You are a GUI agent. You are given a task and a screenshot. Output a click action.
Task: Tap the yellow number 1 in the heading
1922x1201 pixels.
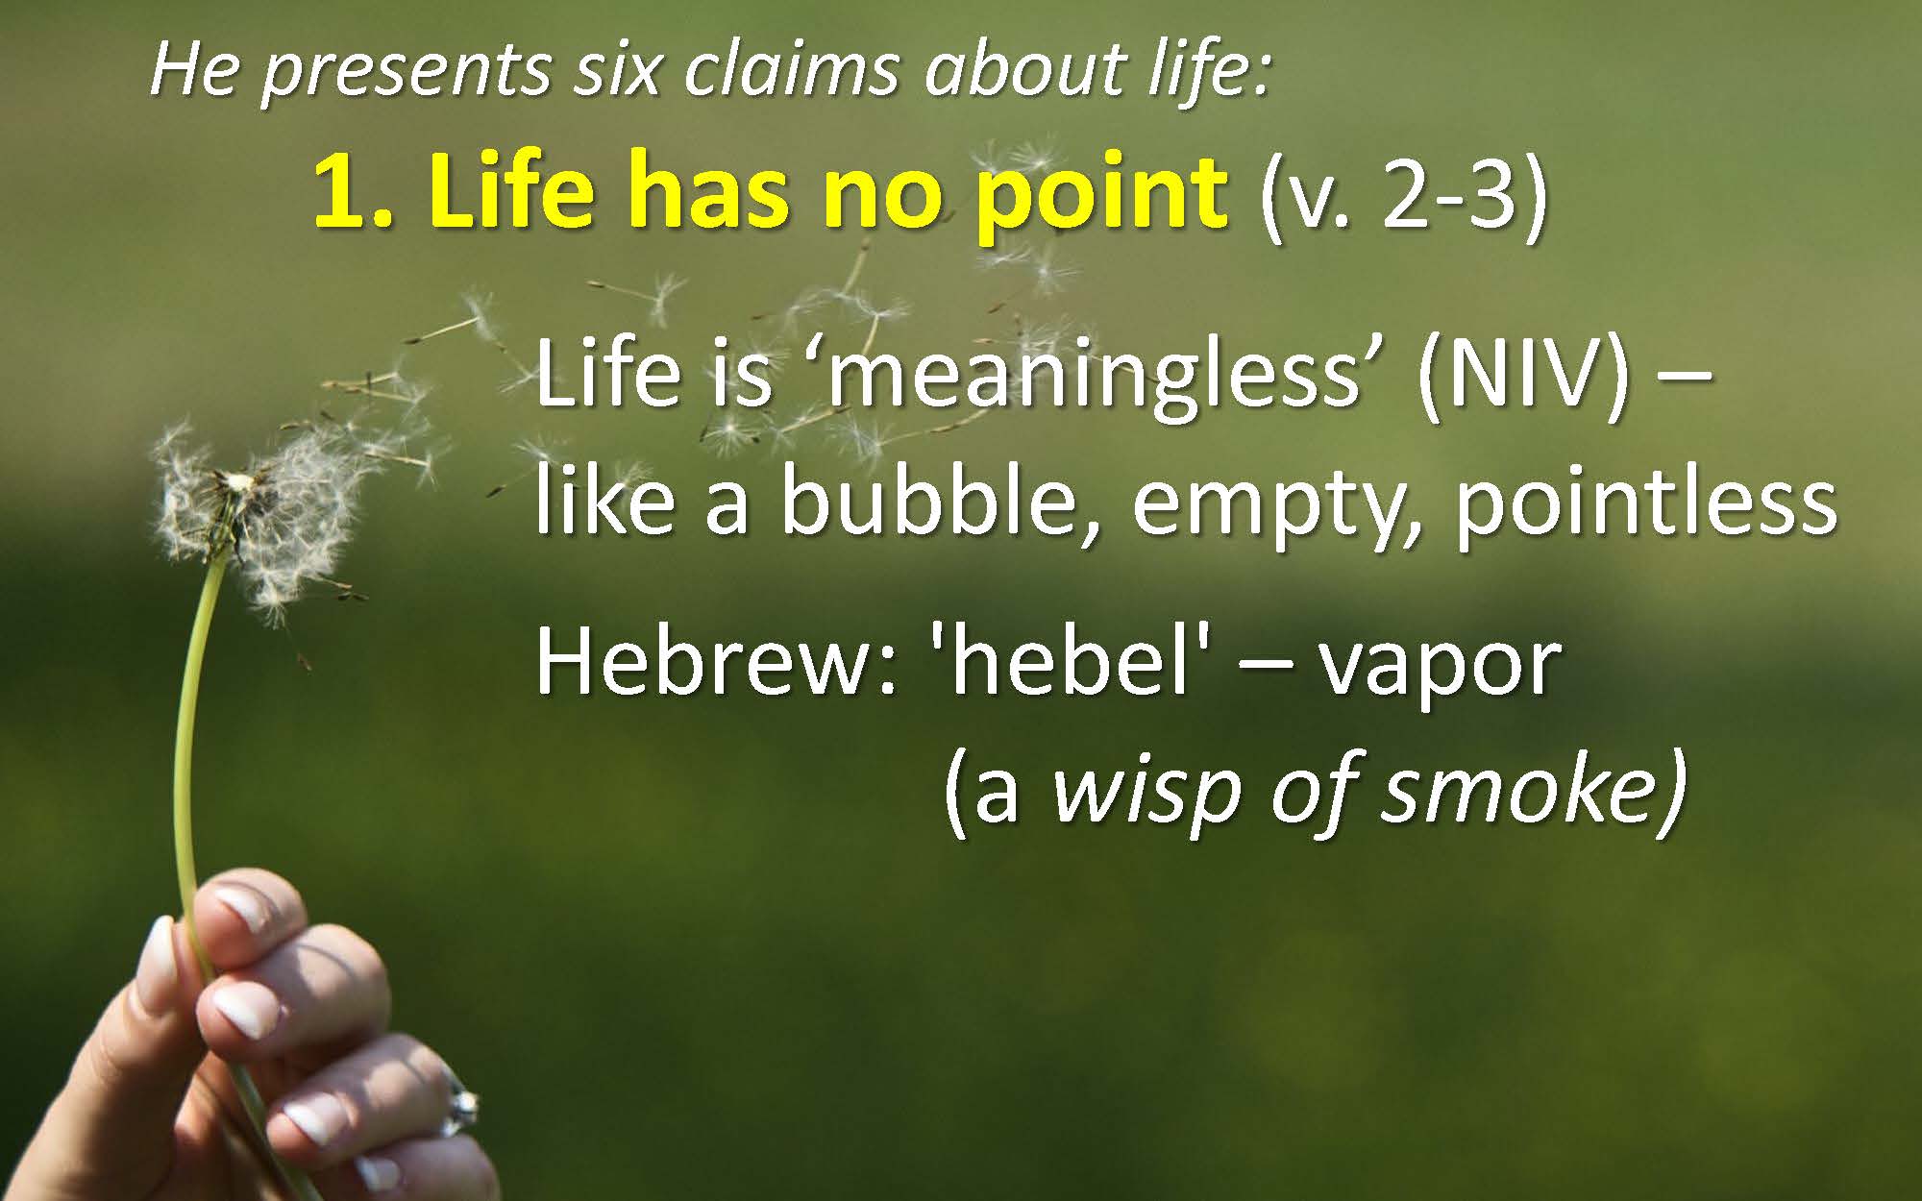[338, 194]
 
